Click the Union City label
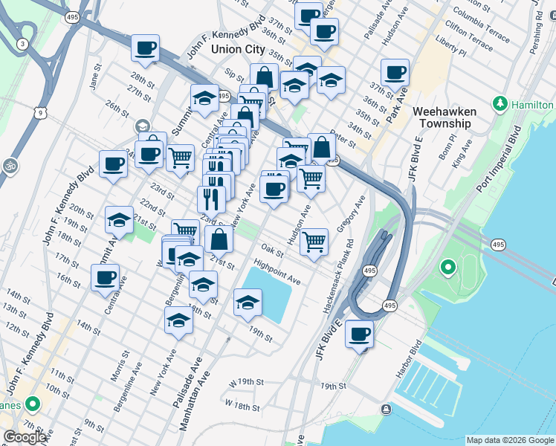click(x=238, y=49)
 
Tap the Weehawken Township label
click(x=444, y=117)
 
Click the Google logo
click(x=25, y=437)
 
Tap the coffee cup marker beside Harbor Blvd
click(x=359, y=334)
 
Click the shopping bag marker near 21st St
click(x=219, y=239)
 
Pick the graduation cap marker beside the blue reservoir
click(x=248, y=302)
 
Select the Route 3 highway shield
click(x=23, y=45)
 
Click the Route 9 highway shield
click(x=44, y=112)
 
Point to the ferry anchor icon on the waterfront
click(x=385, y=409)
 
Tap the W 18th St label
click(x=242, y=406)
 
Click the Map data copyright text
click(x=510, y=440)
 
